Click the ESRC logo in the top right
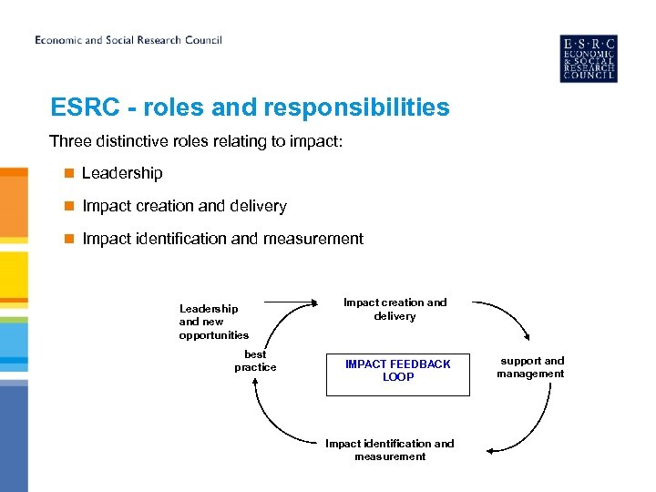[x=588, y=58]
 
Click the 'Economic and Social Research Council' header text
[x=128, y=40]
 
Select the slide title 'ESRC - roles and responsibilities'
[x=250, y=108]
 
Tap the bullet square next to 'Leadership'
[x=67, y=173]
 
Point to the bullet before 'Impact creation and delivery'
[x=67, y=206]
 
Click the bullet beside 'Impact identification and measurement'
[x=67, y=239]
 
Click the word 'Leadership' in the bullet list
[x=122, y=173]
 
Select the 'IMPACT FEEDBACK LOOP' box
[x=397, y=370]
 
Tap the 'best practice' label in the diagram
[x=255, y=361]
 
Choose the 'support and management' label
[x=531, y=367]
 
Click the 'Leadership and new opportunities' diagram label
[x=214, y=322]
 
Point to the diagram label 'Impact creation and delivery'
[x=395, y=309]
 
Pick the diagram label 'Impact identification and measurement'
[x=390, y=450]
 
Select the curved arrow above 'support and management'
[x=505, y=315]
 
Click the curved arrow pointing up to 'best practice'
[x=273, y=419]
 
